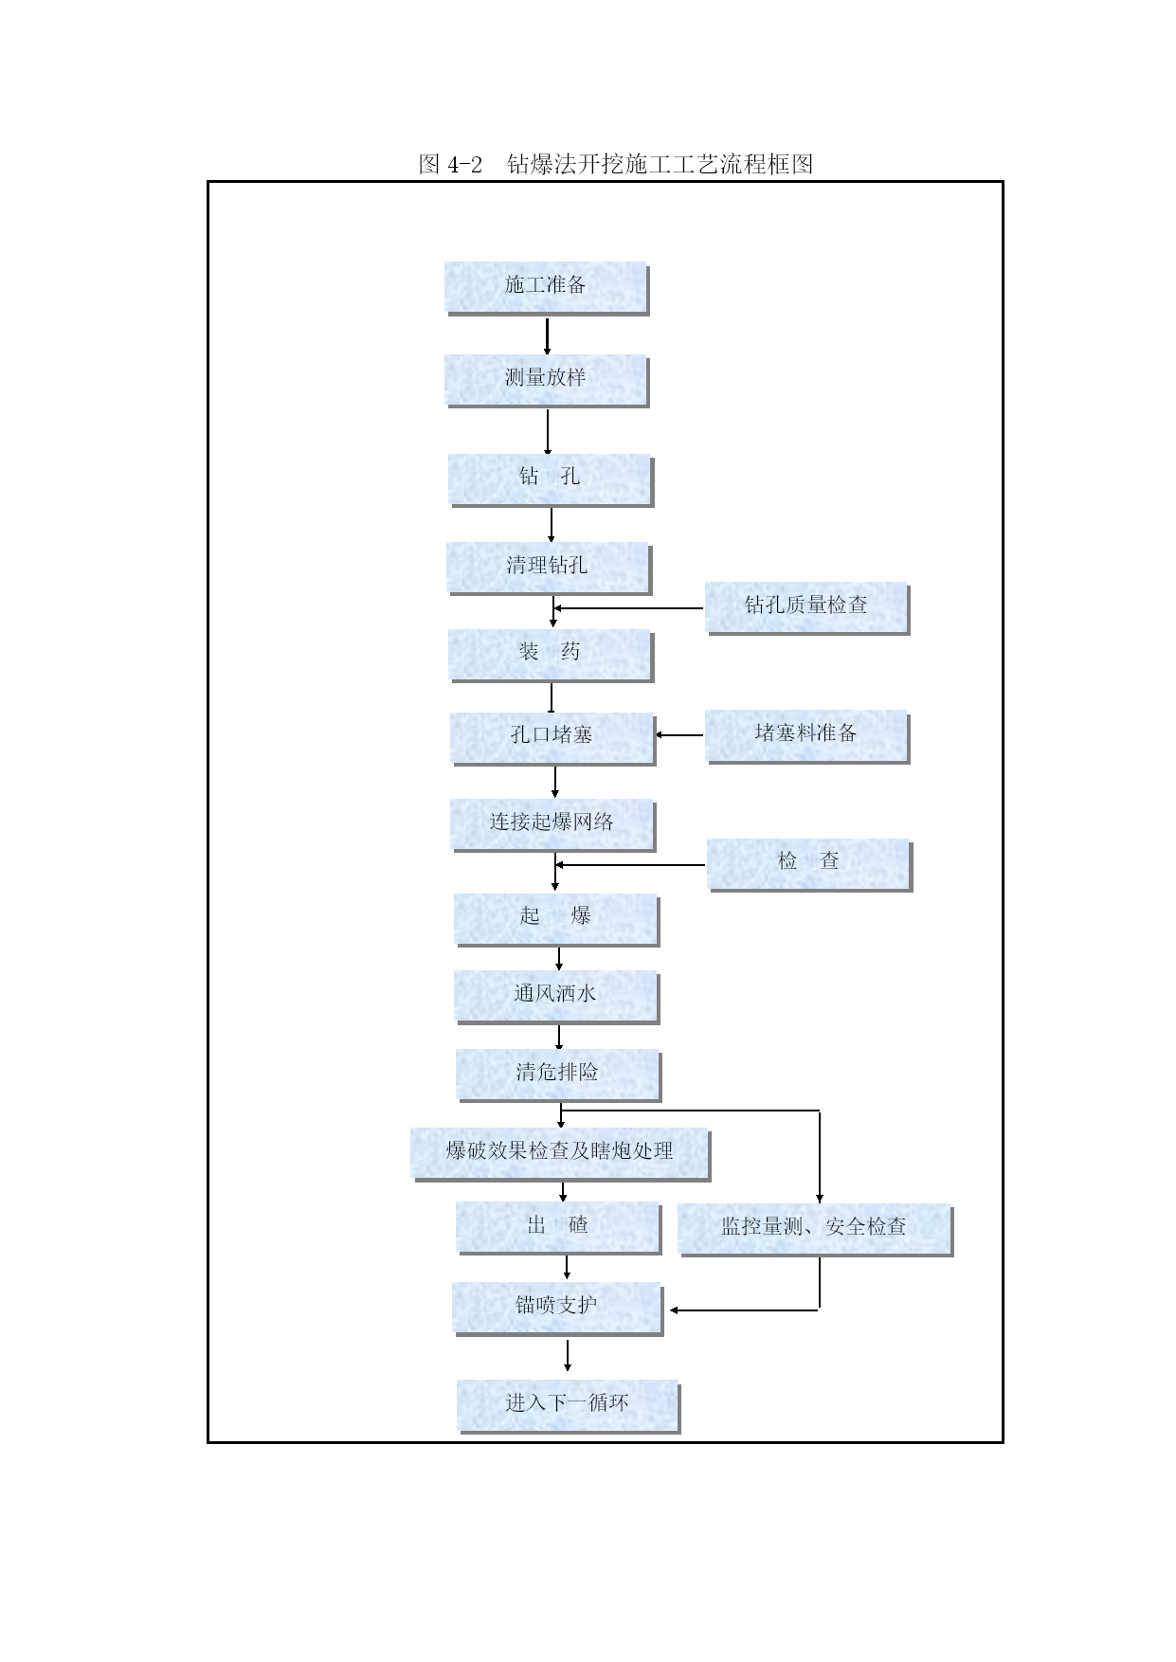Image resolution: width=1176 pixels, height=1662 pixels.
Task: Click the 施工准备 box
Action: [546, 288]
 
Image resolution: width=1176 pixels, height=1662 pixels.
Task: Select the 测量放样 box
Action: [546, 381]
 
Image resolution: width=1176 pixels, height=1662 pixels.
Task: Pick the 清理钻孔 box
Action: [548, 569]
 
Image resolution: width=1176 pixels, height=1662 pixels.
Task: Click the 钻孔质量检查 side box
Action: [806, 608]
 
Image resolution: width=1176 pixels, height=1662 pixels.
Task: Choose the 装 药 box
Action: [551, 656]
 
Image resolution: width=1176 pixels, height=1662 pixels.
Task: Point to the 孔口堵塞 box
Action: [552, 739]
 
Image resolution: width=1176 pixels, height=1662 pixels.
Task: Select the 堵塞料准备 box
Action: [806, 737]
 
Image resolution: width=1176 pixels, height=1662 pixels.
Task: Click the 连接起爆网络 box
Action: [552, 825]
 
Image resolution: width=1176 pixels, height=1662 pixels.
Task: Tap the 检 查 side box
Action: [809, 865]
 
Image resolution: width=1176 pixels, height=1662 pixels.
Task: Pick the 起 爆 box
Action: [556, 920]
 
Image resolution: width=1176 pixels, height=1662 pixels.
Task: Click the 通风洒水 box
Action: [556, 998]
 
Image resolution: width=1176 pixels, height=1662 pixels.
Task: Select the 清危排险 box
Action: [558, 1075]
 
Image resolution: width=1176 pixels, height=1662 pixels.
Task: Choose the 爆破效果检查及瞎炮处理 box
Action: [560, 1154]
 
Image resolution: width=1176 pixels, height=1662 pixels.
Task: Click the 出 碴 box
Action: [558, 1228]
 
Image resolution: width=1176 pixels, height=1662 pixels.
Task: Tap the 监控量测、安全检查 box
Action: [815, 1230]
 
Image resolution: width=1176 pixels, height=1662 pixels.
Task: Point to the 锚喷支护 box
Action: [557, 1310]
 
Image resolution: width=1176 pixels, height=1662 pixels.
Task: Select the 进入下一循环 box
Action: [569, 1406]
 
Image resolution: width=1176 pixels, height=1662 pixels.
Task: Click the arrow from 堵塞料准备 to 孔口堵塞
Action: [679, 735]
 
